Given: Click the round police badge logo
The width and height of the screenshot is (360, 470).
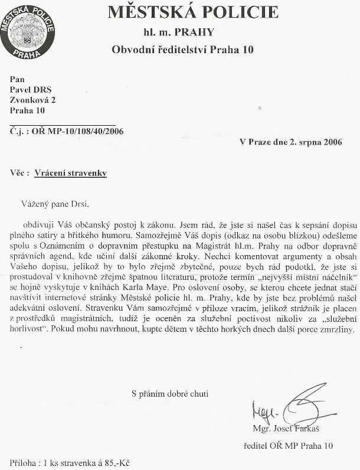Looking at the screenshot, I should (x=28, y=30).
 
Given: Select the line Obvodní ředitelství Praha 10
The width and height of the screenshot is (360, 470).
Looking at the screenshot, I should (x=182, y=50).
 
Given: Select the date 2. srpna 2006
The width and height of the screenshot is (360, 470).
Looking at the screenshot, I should (x=319, y=142).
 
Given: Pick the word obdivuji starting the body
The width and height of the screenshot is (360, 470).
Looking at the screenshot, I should (x=40, y=224).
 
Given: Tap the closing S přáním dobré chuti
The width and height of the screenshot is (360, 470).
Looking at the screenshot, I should (x=169, y=393).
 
